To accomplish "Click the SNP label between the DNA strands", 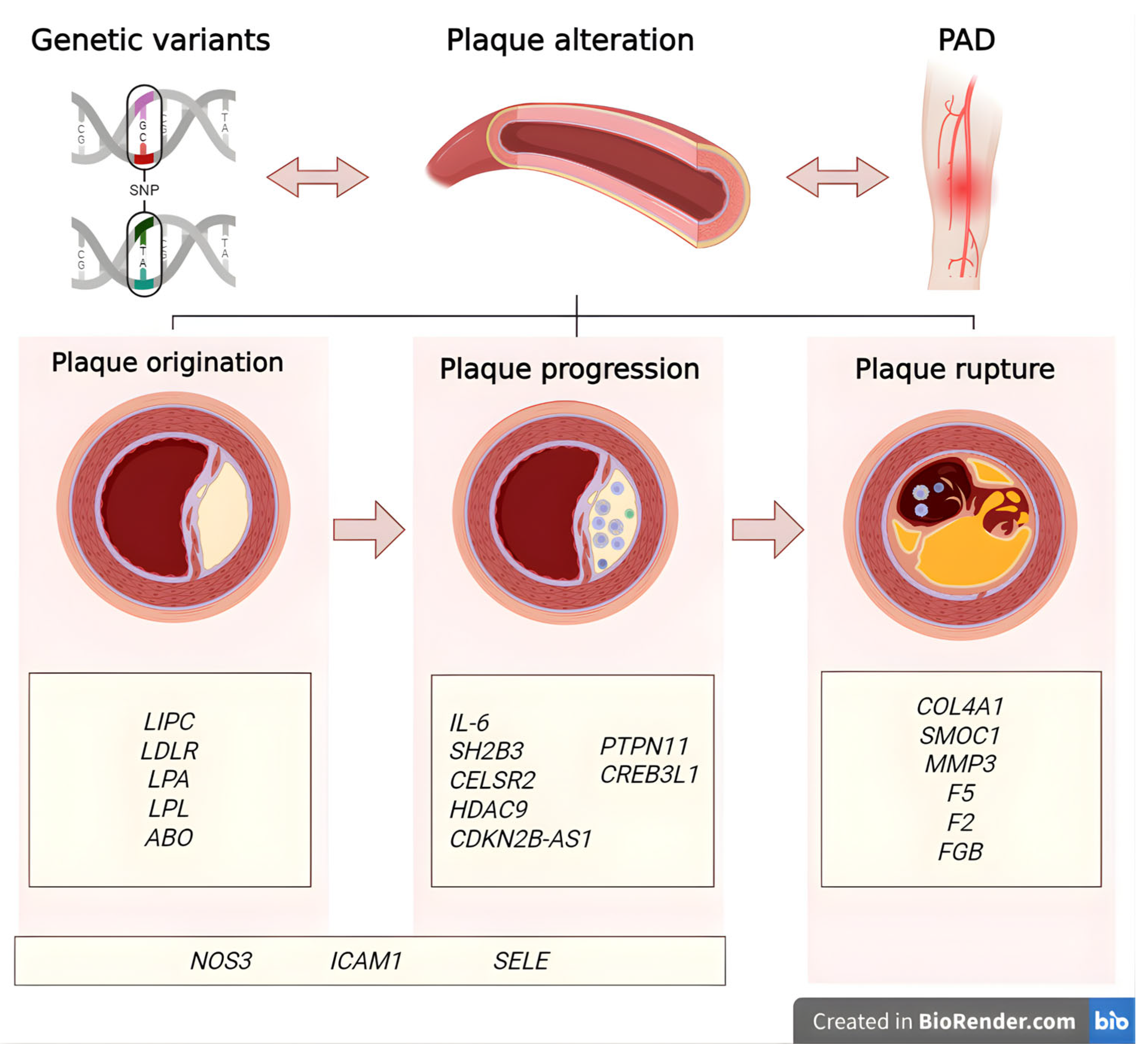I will [144, 190].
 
